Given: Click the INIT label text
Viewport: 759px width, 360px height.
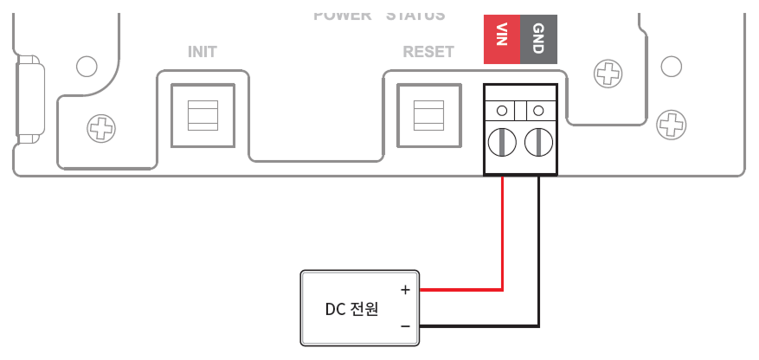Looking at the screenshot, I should coord(202,52).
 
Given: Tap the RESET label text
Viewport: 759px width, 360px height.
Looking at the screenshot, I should coord(428,52).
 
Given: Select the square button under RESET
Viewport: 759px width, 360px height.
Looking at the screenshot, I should coord(428,114).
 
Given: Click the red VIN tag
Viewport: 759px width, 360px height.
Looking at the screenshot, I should coord(501,39).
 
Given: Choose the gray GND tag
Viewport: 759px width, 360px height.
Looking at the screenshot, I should coord(537,39).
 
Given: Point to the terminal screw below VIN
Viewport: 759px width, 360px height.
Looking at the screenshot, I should coord(502,140).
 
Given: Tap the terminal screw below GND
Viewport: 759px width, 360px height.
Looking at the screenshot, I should coord(538,140).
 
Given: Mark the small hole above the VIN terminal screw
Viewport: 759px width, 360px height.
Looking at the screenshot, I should coord(502,111).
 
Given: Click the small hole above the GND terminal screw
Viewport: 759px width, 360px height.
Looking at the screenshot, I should coord(538,111).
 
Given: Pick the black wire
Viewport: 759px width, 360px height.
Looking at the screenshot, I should coord(539,260).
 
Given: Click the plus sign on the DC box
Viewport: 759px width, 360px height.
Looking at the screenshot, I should coord(404,290).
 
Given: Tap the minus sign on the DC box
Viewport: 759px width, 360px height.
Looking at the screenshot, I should coord(404,326).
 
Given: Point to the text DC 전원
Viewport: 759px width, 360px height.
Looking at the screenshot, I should coord(351,309).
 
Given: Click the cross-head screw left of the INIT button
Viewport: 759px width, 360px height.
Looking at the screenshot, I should coord(101,131).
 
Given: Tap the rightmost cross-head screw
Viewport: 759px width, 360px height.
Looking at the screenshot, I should coord(670,124).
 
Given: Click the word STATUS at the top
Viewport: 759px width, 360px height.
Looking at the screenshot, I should coord(415,15).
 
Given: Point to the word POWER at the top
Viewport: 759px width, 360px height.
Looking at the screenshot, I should coord(342,15).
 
